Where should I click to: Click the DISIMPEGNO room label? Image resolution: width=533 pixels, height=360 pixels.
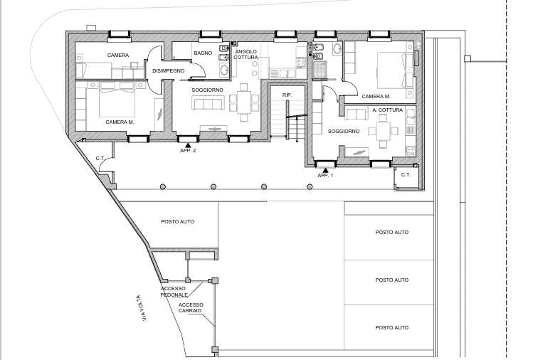pyautogui.click(x=168, y=70)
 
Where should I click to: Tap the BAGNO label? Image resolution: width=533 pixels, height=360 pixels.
pyautogui.click(x=203, y=53)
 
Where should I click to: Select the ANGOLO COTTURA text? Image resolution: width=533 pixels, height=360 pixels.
pyautogui.click(x=246, y=54)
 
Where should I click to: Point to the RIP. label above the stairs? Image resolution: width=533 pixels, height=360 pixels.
pyautogui.click(x=287, y=95)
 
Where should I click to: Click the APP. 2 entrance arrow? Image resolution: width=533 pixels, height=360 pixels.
pyautogui.click(x=188, y=145)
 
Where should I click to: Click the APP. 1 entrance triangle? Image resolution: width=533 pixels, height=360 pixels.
pyautogui.click(x=326, y=170)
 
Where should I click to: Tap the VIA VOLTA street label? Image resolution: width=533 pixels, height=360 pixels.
pyautogui.click(x=144, y=308)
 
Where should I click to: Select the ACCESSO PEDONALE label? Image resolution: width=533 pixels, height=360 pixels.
pyautogui.click(x=174, y=292)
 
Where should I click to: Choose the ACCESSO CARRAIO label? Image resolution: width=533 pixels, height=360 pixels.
pyautogui.click(x=191, y=307)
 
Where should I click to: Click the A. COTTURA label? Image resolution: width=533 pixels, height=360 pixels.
pyautogui.click(x=388, y=110)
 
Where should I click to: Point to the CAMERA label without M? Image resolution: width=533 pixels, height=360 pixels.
pyautogui.click(x=118, y=55)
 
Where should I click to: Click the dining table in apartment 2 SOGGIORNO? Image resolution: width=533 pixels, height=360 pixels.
pyautogui.click(x=243, y=102)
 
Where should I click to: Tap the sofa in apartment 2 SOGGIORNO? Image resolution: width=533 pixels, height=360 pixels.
pyautogui.click(x=208, y=102)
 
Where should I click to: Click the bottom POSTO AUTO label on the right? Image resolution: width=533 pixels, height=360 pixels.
pyautogui.click(x=391, y=328)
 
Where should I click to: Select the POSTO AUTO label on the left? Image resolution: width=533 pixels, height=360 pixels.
pyautogui.click(x=177, y=222)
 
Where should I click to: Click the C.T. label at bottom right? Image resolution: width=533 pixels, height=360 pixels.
pyautogui.click(x=406, y=175)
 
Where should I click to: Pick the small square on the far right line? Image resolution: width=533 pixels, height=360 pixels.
pyautogui.click(x=468, y=59)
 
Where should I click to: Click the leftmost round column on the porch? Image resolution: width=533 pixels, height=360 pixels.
pyautogui.click(x=163, y=186)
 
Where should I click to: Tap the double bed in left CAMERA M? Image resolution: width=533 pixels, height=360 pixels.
pyautogui.click(x=117, y=99)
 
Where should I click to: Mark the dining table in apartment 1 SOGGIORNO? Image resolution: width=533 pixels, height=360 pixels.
pyautogui.click(x=383, y=131)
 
